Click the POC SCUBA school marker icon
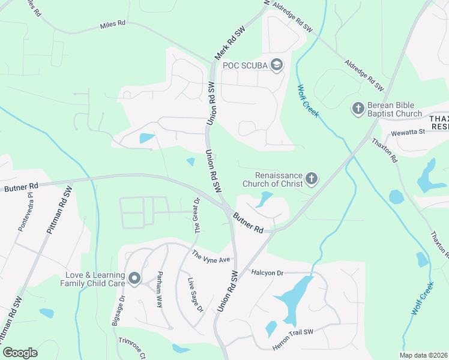click(277, 65)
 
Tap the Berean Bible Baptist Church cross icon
click(358, 109)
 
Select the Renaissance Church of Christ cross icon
click(311, 178)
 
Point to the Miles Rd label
click(113, 24)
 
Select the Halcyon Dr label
click(267, 272)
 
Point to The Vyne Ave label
click(211, 256)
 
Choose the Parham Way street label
click(160, 293)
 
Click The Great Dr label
click(196, 215)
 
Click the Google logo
click(20, 353)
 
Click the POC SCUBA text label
click(244, 65)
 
